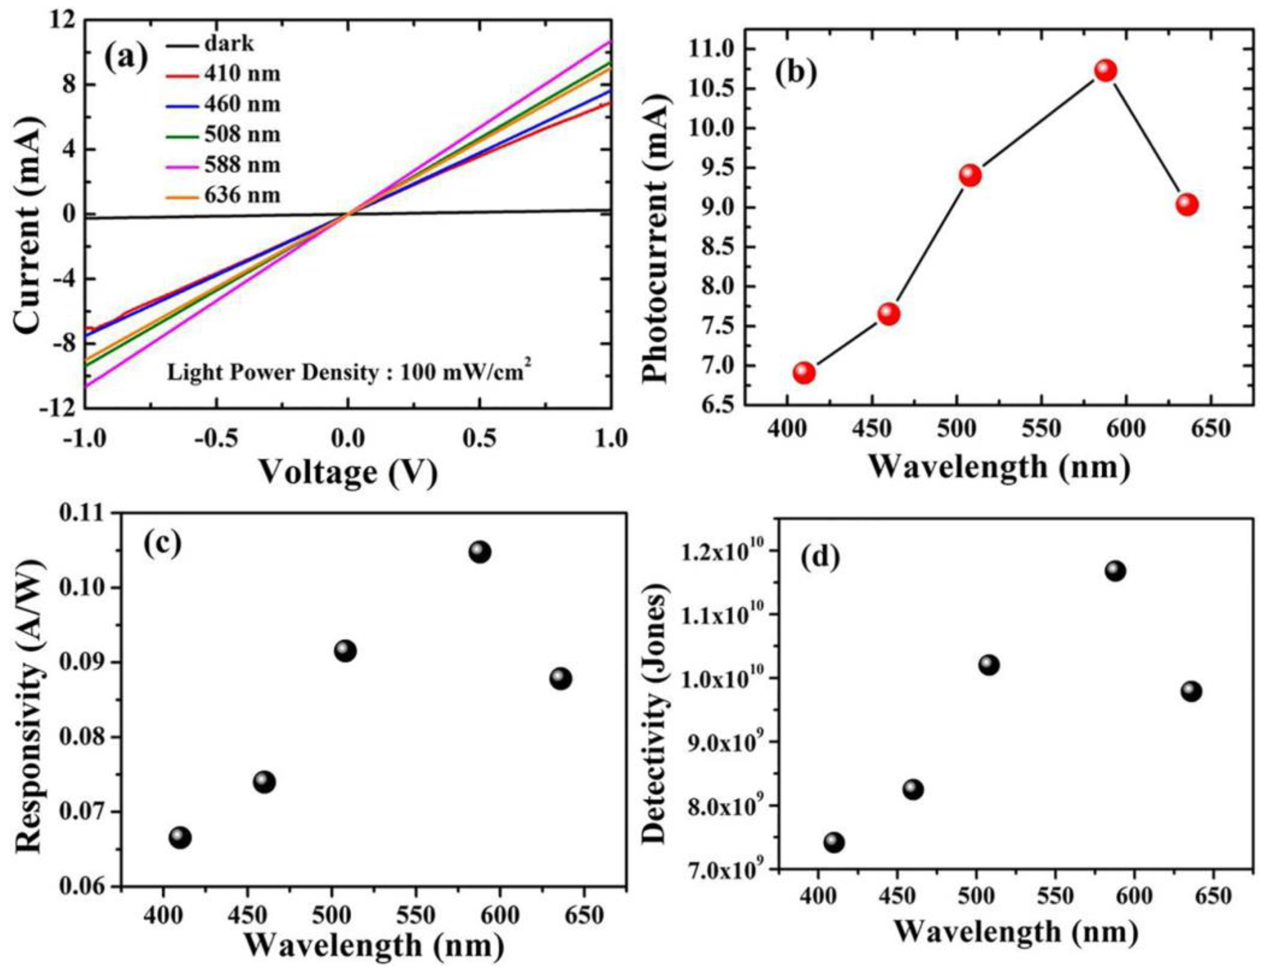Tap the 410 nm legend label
tap(242, 74)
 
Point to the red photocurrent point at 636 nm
tap(1187, 204)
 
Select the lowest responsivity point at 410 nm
tap(180, 837)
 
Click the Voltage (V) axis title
tap(347, 473)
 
